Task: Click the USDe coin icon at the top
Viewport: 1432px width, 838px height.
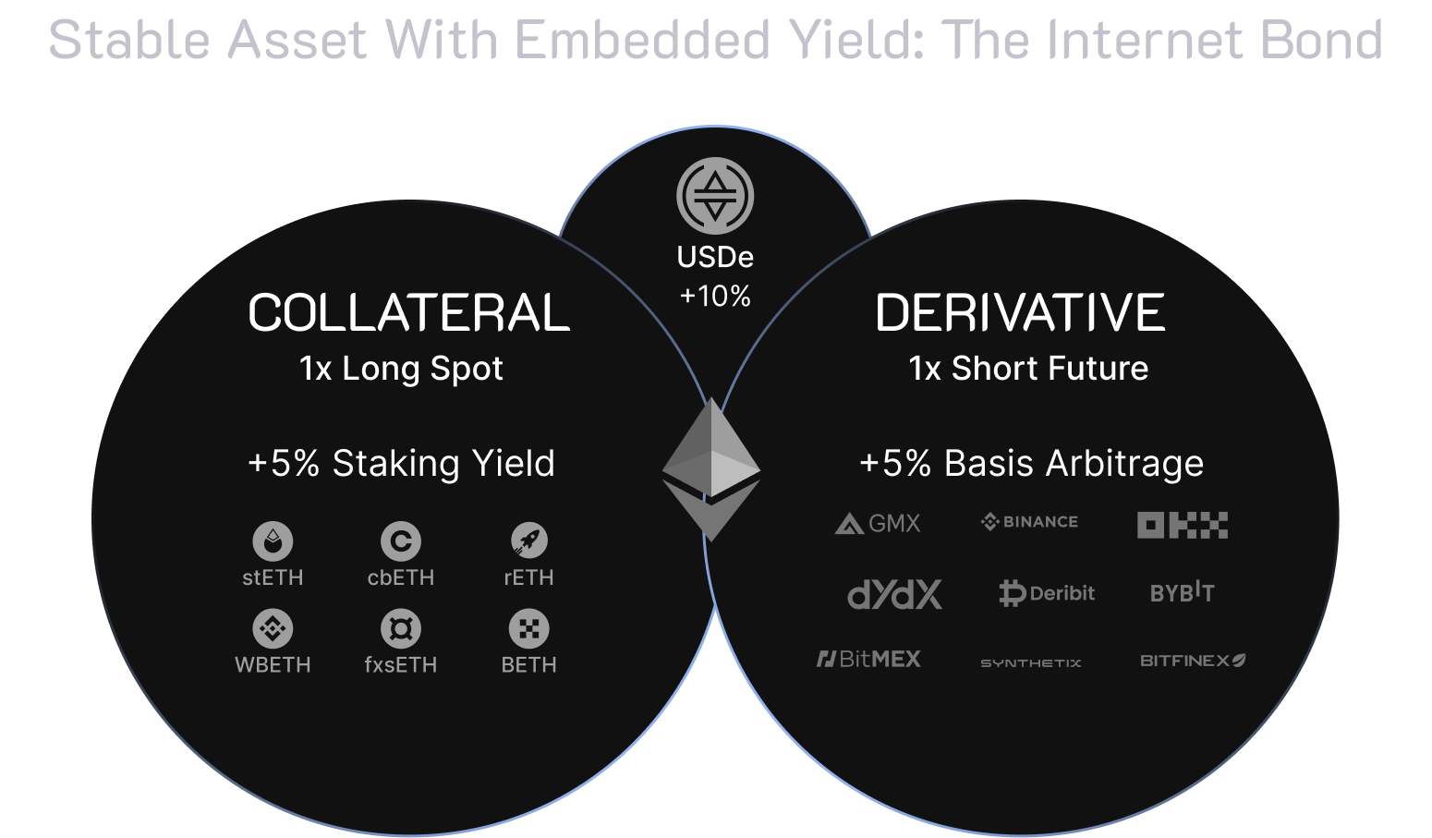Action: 715,196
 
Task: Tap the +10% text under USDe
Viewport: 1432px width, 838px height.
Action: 715,296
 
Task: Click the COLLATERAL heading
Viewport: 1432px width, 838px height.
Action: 408,312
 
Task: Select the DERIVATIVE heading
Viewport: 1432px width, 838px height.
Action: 1020,312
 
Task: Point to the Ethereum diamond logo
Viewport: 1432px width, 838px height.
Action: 711,470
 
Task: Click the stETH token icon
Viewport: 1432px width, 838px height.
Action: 273,540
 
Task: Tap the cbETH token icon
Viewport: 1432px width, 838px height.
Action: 401,540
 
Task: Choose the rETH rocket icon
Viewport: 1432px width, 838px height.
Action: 528,540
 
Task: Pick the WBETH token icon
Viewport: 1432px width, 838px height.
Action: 273,628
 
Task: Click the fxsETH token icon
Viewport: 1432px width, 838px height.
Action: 401,628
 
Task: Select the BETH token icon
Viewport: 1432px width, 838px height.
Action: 528,628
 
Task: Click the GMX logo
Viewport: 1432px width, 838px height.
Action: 877,524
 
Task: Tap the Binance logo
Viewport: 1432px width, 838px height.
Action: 1029,522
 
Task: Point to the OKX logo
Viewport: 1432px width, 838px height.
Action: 1182,525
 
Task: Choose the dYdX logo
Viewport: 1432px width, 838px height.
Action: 894,594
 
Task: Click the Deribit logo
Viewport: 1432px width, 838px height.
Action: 1047,592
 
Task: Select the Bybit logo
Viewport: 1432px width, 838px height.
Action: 1182,592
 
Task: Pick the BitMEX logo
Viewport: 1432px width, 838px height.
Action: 868,659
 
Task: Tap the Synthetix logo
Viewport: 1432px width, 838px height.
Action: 1030,662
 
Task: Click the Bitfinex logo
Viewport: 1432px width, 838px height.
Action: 1193,661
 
